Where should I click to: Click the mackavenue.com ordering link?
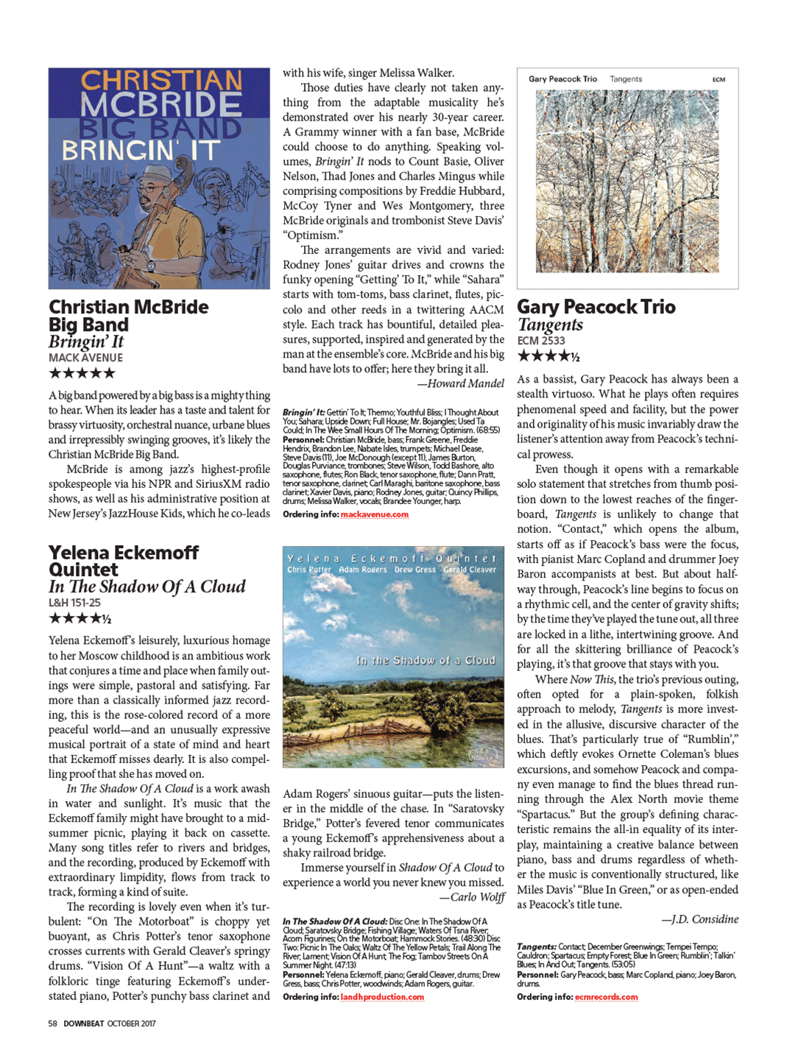374,514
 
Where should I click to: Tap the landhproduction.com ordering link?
382,997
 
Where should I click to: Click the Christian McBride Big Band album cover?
159,178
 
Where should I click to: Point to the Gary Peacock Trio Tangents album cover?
627,179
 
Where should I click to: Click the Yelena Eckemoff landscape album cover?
393,656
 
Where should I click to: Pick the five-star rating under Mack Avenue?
82,373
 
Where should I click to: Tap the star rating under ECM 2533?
548,357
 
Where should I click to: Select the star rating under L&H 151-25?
80,619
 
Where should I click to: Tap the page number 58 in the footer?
53,1024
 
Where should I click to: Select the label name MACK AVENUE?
85,358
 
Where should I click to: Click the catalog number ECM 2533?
541,341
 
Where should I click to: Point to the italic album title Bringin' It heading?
86,341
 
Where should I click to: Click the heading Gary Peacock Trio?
596,307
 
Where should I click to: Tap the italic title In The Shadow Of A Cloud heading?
147,586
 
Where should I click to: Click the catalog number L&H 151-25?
74,603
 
